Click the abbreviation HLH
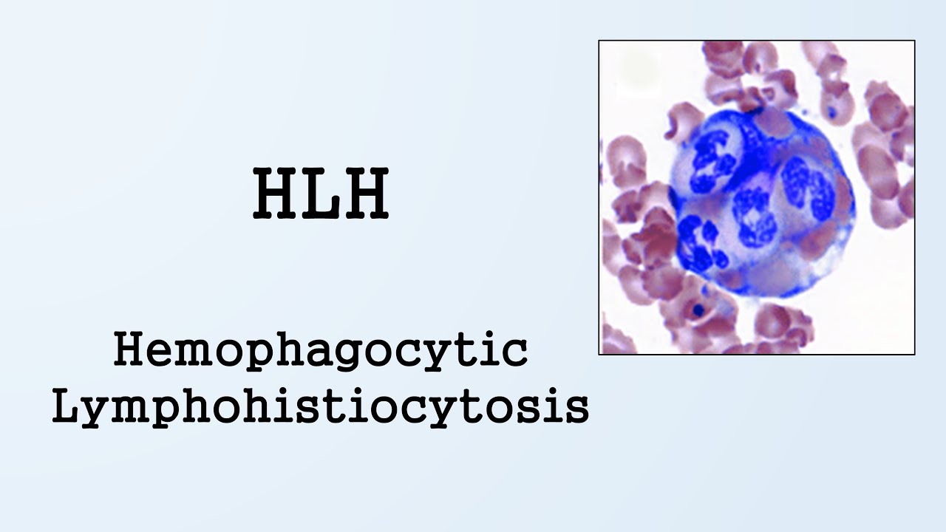coord(321,194)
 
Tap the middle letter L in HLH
coord(321,194)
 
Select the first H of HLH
coord(276,194)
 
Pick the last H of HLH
coord(365,194)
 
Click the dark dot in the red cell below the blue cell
coord(697,310)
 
